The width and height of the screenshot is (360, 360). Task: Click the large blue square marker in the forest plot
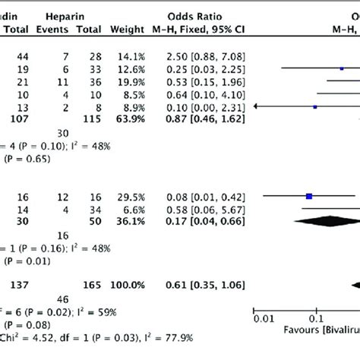coord(309,196)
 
